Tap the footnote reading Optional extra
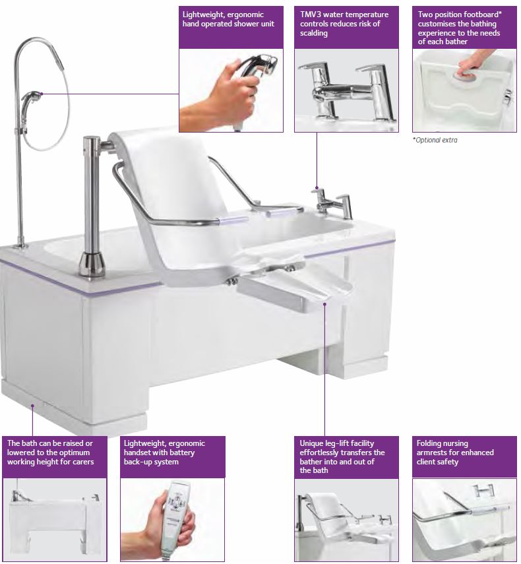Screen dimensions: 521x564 (x=436, y=140)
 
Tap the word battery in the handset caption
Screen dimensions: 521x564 (x=183, y=453)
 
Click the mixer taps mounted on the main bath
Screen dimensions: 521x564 (x=332, y=203)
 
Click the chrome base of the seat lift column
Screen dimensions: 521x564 (x=92, y=265)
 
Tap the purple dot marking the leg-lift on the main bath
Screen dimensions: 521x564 (x=324, y=304)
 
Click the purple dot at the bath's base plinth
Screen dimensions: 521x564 (x=32, y=406)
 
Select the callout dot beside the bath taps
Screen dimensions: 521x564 (x=317, y=187)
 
